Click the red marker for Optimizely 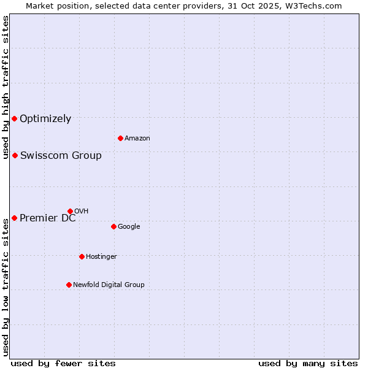click(x=14, y=118)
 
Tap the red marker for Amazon click(x=120, y=138)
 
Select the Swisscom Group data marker click(x=15, y=155)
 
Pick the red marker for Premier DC click(x=14, y=218)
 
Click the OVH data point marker click(x=70, y=211)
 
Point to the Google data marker click(x=113, y=226)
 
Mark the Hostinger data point click(x=82, y=256)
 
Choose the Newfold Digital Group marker click(x=69, y=285)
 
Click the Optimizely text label click(x=45, y=119)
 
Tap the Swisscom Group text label click(x=61, y=156)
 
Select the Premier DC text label click(x=48, y=218)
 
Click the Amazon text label click(x=137, y=139)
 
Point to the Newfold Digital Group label click(x=109, y=285)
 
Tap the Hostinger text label click(x=101, y=256)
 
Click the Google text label click(x=129, y=227)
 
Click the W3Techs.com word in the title click(x=316, y=6)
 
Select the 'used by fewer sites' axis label click(x=63, y=363)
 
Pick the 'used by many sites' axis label click(x=308, y=363)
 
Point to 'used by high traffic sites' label click(x=6, y=87)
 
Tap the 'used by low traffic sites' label click(x=6, y=287)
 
